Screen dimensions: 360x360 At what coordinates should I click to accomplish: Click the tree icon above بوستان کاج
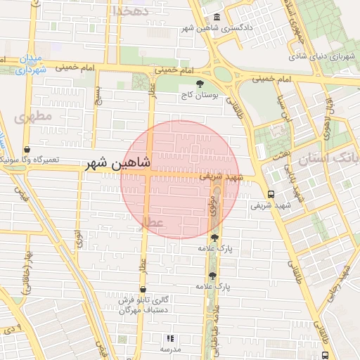210,84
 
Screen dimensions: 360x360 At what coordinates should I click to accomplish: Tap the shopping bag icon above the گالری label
143,289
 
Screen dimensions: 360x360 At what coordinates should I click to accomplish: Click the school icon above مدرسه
169,338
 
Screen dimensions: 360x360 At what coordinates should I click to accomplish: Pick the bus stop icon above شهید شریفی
271,194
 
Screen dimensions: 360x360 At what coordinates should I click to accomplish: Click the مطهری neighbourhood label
32,117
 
